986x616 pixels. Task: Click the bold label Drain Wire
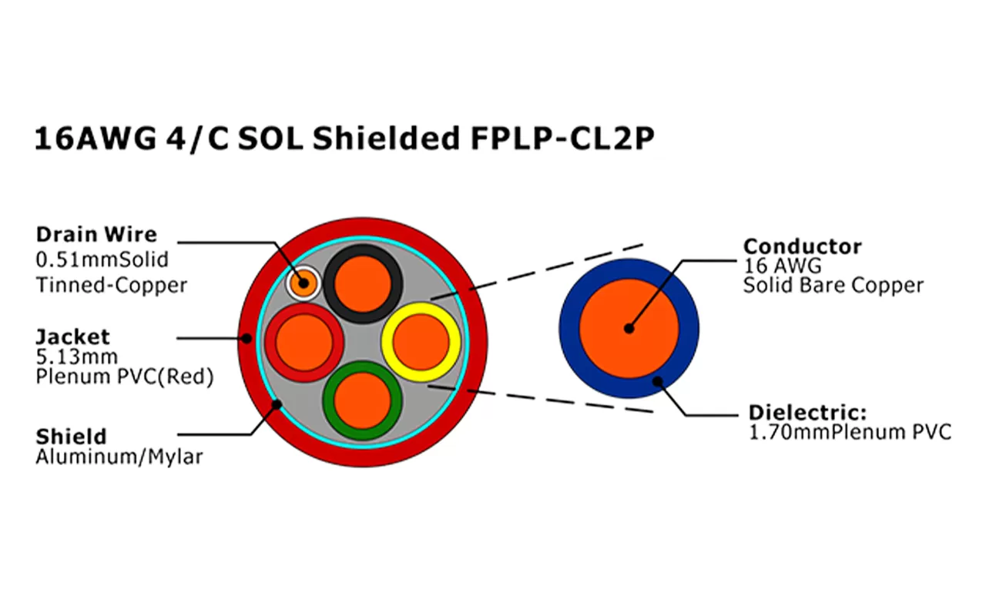[x=96, y=234]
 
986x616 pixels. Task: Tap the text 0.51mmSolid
[x=102, y=259]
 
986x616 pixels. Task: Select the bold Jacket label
[x=72, y=336]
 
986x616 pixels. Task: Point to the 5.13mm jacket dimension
[x=76, y=357]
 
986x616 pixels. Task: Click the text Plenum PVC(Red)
[x=124, y=377]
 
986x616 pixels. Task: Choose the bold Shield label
[x=71, y=437]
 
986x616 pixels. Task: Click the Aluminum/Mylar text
[x=119, y=457]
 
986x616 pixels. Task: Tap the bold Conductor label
[x=802, y=246]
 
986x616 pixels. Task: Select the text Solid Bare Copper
[x=833, y=286]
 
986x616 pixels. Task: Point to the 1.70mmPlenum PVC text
[x=850, y=432]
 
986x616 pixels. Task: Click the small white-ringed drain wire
[x=303, y=284]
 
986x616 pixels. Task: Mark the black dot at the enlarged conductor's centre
[x=629, y=328]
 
